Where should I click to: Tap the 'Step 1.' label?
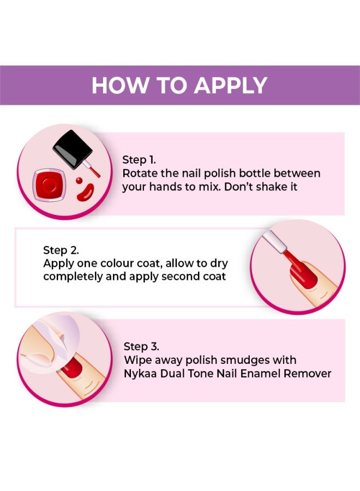pyautogui.click(x=139, y=160)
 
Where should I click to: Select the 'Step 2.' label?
pyautogui.click(x=61, y=250)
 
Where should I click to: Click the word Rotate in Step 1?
pyautogui.click(x=139, y=173)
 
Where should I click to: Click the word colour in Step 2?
pyautogui.click(x=116, y=264)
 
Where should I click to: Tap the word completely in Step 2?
pyautogui.click(x=70, y=277)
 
